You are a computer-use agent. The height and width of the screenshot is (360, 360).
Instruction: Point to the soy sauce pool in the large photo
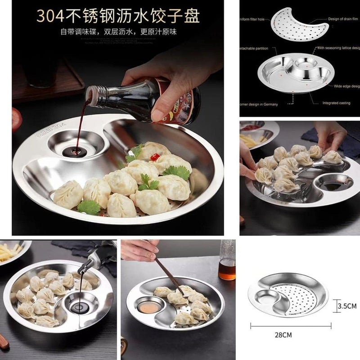(74, 152)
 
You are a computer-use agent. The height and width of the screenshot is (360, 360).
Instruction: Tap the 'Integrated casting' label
(336, 103)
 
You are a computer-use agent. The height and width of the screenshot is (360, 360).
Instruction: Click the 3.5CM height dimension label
(347, 306)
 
